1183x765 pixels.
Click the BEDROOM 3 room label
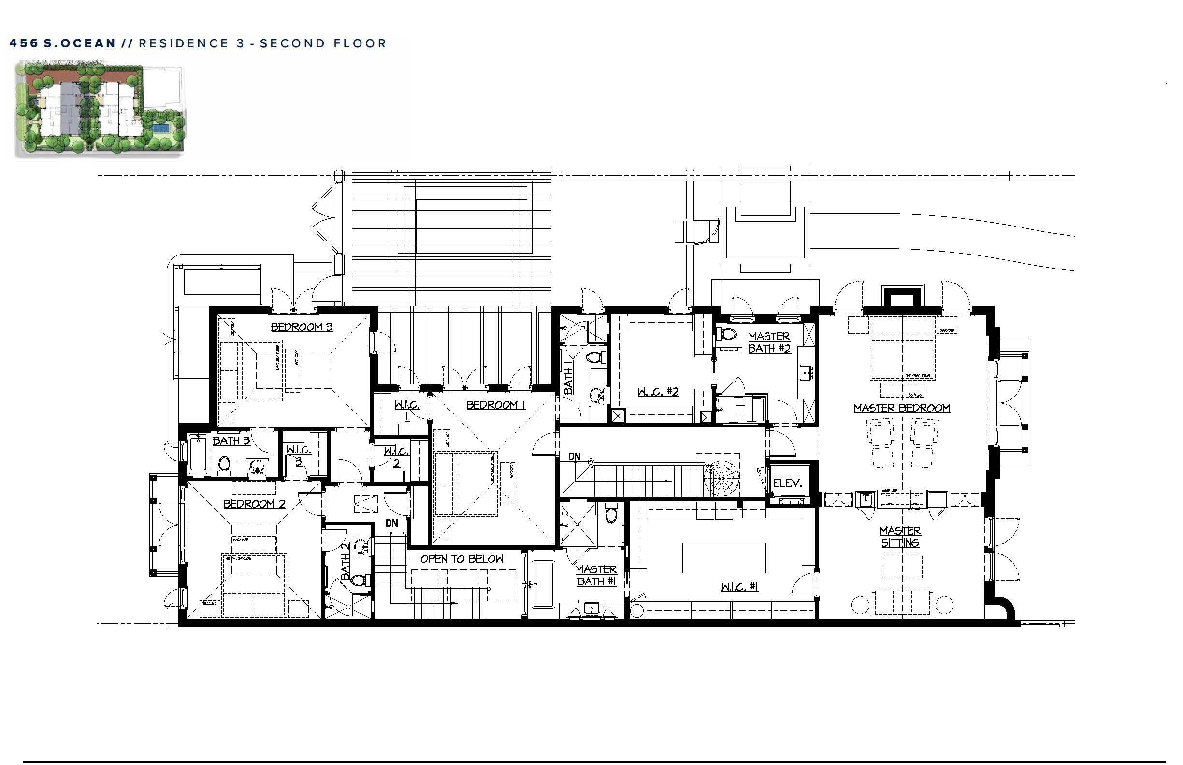point(301,327)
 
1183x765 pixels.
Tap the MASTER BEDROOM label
point(901,408)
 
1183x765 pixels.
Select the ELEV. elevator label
point(787,483)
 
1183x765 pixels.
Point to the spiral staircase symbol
point(724,478)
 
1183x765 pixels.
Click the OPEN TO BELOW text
point(462,559)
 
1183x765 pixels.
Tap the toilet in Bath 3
point(224,465)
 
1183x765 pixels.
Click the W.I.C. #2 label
point(658,392)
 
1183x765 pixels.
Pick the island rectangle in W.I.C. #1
point(723,558)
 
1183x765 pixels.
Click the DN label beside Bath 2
point(392,523)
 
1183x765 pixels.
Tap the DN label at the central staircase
point(574,456)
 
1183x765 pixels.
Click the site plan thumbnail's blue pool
point(160,128)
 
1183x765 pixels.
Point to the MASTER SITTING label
point(900,537)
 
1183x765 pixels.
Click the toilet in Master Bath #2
point(727,334)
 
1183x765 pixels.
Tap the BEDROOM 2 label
point(254,504)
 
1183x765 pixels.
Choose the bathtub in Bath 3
point(198,453)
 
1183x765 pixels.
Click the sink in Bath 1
point(597,395)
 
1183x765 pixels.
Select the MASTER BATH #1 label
point(596,575)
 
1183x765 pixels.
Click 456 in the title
point(23,44)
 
